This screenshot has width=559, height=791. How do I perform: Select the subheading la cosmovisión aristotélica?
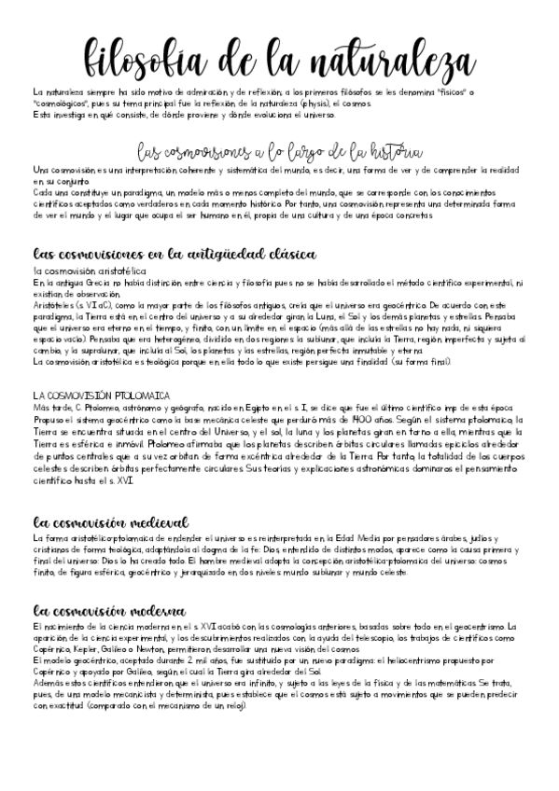pyautogui.click(x=90, y=270)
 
